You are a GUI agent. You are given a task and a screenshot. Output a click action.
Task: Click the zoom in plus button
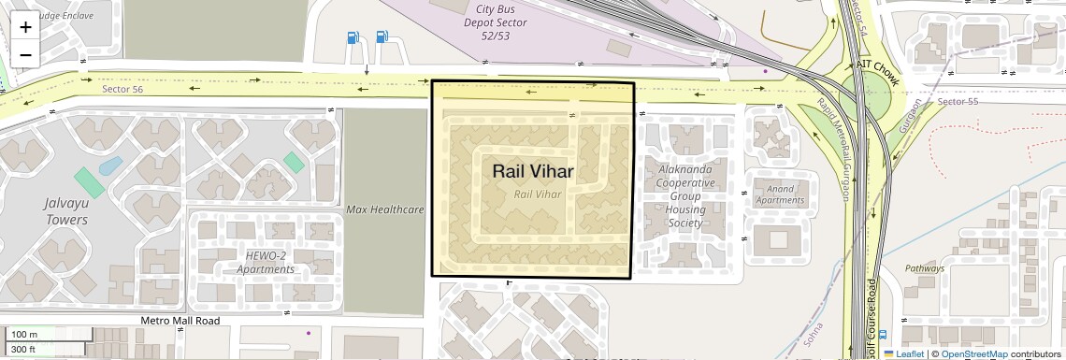coord(25,26)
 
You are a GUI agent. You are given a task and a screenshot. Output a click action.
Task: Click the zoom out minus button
coord(25,54)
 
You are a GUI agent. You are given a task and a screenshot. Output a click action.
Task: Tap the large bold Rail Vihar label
coord(532,171)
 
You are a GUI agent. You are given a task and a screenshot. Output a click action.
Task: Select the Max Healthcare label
coord(385,209)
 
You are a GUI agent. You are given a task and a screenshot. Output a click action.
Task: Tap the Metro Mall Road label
coord(180,321)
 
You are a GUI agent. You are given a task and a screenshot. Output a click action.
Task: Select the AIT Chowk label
coord(877,73)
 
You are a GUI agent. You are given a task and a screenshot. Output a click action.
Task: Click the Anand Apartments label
coord(779,194)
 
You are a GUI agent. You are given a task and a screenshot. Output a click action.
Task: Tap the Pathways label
coord(924,268)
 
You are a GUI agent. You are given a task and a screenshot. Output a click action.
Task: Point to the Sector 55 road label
coord(957,101)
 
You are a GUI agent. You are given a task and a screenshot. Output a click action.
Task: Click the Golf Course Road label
coord(871,318)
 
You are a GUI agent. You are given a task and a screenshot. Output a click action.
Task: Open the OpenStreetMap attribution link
coord(973,354)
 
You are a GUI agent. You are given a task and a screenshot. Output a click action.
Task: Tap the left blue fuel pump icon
coord(353,37)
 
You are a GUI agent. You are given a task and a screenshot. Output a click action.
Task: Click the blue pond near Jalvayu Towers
coord(109,166)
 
